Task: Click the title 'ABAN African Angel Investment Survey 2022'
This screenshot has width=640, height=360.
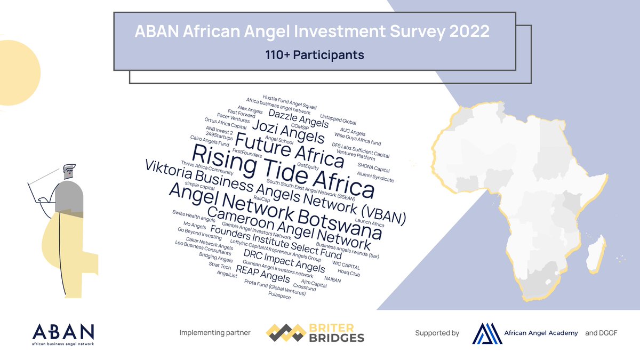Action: tap(312, 31)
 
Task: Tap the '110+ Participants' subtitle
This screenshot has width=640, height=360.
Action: tap(314, 54)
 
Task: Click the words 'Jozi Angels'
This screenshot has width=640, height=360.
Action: tap(287, 131)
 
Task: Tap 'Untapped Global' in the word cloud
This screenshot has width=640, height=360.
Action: tap(338, 119)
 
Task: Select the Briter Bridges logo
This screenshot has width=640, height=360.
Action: tap(316, 333)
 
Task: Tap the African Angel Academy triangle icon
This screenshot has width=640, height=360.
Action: tap(486, 333)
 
